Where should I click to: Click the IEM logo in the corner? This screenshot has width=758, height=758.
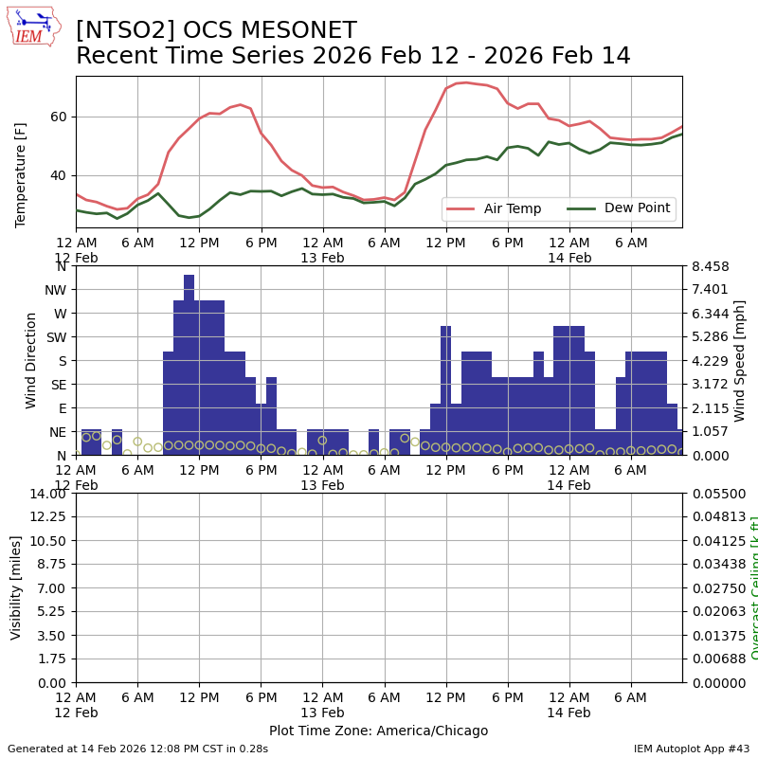(x=32, y=27)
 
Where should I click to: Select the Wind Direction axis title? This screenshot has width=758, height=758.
(x=31, y=360)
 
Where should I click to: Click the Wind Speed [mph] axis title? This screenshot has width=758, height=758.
(x=740, y=360)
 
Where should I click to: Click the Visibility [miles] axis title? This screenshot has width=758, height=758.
(x=16, y=587)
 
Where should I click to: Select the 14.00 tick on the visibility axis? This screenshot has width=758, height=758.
(x=47, y=494)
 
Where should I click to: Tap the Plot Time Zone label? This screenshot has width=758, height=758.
(x=378, y=731)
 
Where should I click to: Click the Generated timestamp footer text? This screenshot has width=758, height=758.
(x=137, y=749)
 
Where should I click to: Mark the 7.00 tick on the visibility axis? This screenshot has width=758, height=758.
(x=51, y=588)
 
